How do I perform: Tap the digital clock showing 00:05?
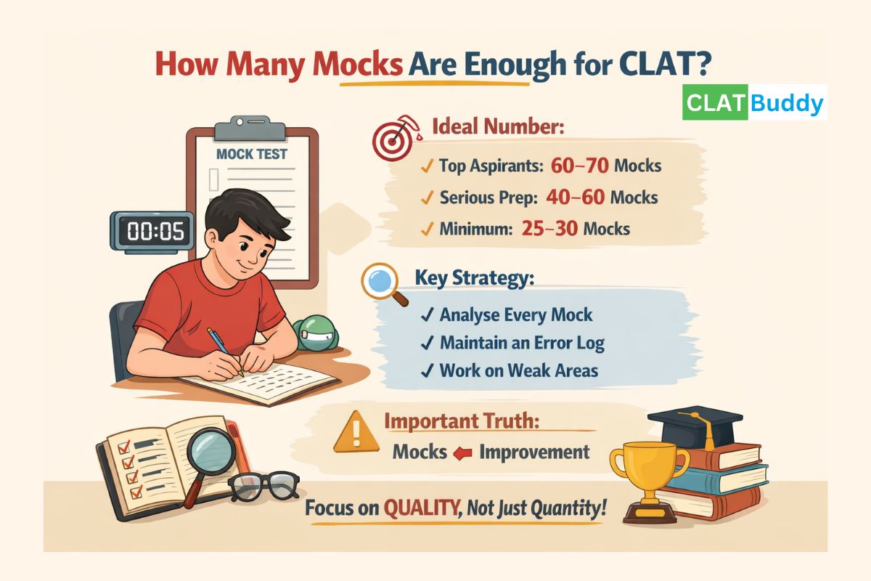152,232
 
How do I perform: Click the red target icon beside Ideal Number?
393,139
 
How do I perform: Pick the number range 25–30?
549,229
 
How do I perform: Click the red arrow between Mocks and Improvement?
462,453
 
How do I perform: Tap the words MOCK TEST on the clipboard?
252,154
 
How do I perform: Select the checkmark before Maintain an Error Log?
428,342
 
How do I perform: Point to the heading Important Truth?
462,420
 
